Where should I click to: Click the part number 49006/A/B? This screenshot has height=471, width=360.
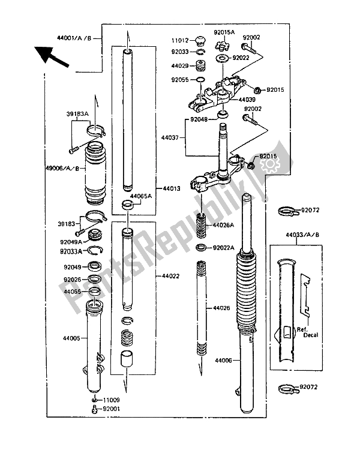62,168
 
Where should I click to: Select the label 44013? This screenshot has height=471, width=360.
170,187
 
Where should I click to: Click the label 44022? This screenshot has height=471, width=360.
170,276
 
